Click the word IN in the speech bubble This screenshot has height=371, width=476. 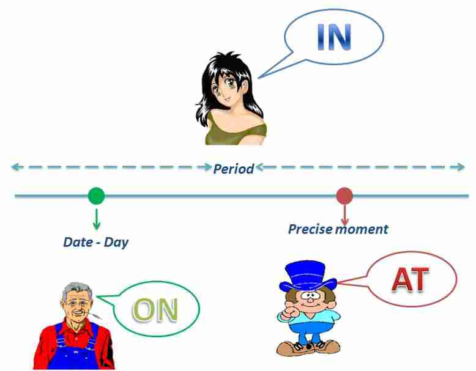click(x=334, y=37)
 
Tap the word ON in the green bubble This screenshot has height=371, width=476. click(x=155, y=310)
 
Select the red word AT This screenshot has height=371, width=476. click(x=411, y=279)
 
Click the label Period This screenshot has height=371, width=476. click(x=234, y=169)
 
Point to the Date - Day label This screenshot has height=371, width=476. click(x=96, y=243)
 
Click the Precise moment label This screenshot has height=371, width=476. click(x=338, y=229)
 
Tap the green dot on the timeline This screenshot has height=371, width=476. click(x=96, y=196)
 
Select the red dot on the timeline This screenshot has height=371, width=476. click(x=344, y=196)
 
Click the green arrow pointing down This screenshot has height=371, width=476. click(x=96, y=219)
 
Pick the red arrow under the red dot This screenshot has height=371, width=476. click(x=344, y=215)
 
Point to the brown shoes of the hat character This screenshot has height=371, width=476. click(x=308, y=348)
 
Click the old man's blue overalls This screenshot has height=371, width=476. click(x=75, y=349)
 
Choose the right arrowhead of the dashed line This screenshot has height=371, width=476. click(x=461, y=167)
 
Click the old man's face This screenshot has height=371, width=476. click(x=77, y=306)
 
